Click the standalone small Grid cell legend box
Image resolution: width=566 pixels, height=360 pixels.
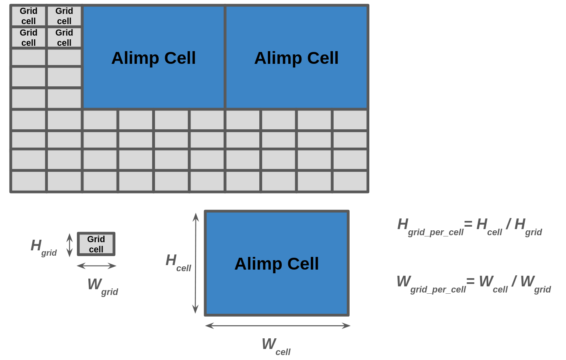tap(96, 244)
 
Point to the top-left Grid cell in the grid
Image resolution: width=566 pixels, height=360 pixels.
tap(29, 16)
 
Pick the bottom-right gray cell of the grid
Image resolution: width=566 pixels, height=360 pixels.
tap(350, 181)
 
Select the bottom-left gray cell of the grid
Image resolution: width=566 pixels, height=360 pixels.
tap(29, 181)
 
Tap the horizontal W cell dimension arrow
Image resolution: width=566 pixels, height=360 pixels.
tap(278, 326)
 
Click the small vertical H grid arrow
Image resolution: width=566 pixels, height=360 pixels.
tap(70, 245)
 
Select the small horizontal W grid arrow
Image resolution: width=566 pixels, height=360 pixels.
tap(97, 266)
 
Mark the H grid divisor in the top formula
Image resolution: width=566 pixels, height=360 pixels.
tap(528, 226)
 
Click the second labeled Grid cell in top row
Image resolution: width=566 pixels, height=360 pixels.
tap(64, 16)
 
